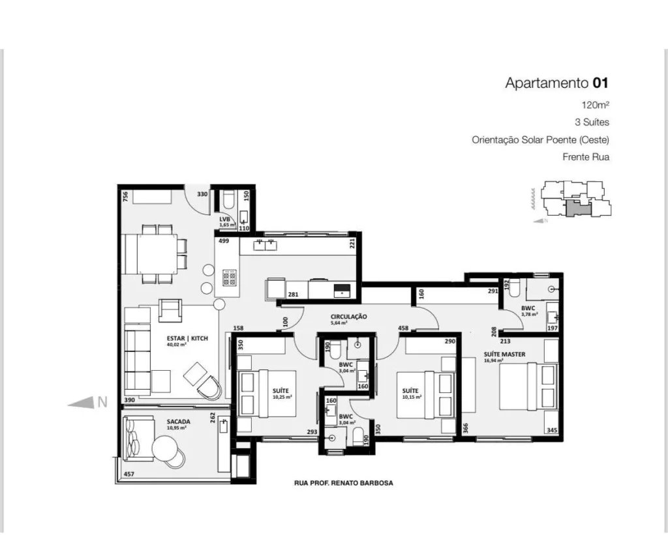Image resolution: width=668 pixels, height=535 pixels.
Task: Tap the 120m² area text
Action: [596, 105]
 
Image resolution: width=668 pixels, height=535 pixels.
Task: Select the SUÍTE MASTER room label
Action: [504, 354]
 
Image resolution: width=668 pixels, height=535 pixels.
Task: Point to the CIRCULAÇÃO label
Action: [348, 317]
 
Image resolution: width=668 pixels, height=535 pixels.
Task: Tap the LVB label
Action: [225, 220]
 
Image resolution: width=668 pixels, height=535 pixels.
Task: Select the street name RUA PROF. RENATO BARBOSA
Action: [344, 484]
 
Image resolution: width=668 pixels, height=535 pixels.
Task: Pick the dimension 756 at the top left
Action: [125, 196]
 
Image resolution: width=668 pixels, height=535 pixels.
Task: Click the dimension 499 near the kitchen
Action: [224, 240]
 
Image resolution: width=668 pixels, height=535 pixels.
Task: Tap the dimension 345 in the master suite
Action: [551, 431]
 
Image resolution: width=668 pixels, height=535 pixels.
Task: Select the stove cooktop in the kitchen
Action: [230, 278]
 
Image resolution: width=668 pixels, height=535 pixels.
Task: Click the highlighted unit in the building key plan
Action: [577, 209]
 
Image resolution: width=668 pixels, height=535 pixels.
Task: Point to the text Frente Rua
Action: [586, 157]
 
